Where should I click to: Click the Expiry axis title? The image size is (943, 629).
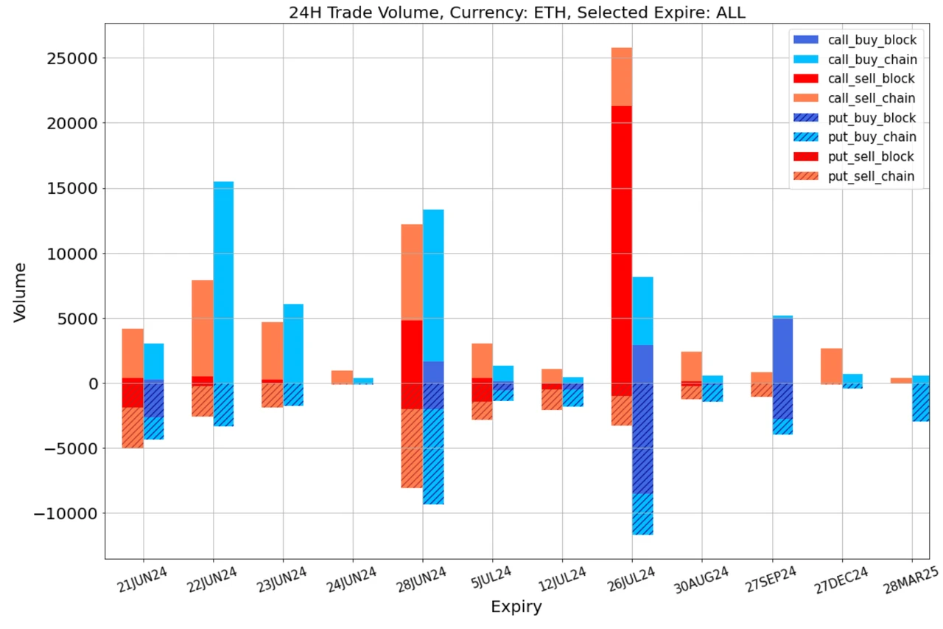point(516,607)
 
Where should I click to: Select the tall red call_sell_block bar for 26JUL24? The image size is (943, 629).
point(622,243)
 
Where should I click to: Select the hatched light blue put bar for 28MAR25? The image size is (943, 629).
point(921,402)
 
